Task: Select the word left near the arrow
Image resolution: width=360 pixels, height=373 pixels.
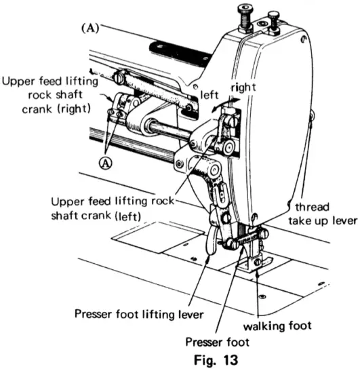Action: pyautogui.click(x=208, y=96)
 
